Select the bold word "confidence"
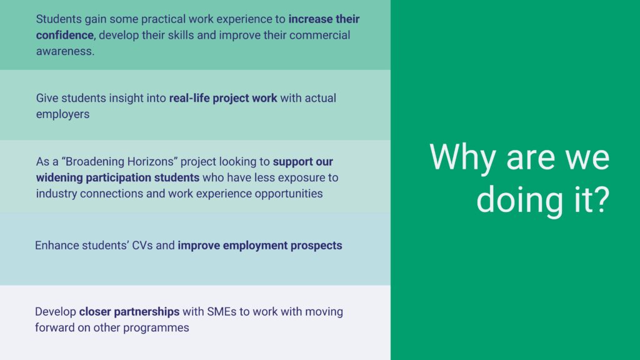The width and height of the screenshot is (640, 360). click(x=65, y=35)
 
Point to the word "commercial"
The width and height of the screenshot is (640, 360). click(x=319, y=35)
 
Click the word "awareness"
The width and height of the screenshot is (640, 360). click(x=64, y=51)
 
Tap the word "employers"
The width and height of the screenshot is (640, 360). click(x=63, y=114)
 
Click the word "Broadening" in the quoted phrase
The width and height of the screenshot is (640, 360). click(x=95, y=162)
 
